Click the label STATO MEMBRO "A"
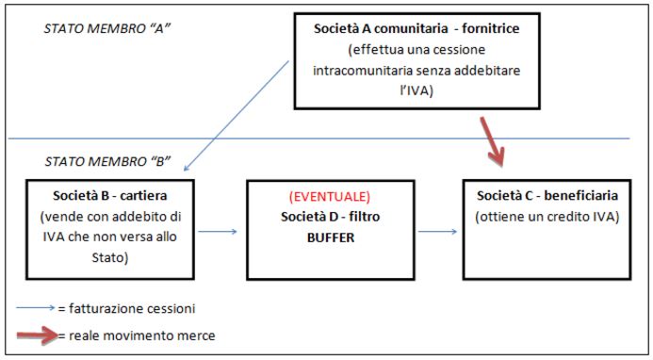point(107,28)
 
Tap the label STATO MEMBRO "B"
point(107,161)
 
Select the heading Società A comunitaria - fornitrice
point(416,28)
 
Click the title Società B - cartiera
point(110,195)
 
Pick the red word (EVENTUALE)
point(330,197)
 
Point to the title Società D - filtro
point(330,217)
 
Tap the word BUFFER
point(331,237)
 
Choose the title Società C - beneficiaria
point(547,195)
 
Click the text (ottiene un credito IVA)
point(547,217)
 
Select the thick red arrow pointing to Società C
point(493,141)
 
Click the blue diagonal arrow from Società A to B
point(237,116)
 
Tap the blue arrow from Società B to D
point(218,232)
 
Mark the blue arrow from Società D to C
point(438,232)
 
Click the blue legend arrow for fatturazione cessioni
point(36,308)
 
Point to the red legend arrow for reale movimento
point(38,335)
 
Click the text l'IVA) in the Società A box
point(416,90)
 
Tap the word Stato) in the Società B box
point(110,257)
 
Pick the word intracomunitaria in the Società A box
point(363,70)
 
